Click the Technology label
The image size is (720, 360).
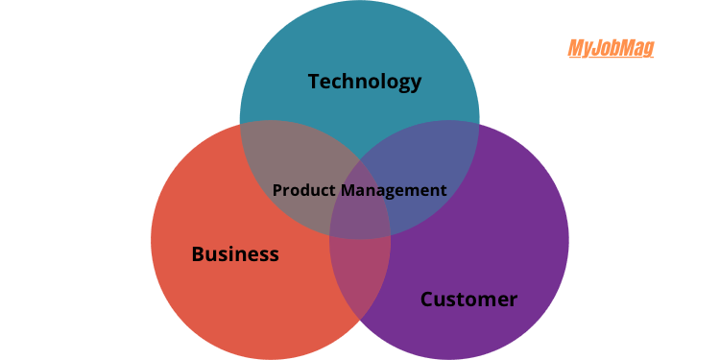[x=365, y=82]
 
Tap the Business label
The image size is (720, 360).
[x=235, y=254]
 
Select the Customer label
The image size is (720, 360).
[x=468, y=300]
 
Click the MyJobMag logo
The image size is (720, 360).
[x=611, y=48]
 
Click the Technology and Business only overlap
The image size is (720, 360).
[x=278, y=154]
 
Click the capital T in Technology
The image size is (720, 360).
[x=314, y=82]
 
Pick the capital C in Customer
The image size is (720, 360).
[x=427, y=300]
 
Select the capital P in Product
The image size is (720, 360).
[x=277, y=190]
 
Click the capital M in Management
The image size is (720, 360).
[x=344, y=190]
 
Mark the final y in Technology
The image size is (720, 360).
[x=416, y=84]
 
